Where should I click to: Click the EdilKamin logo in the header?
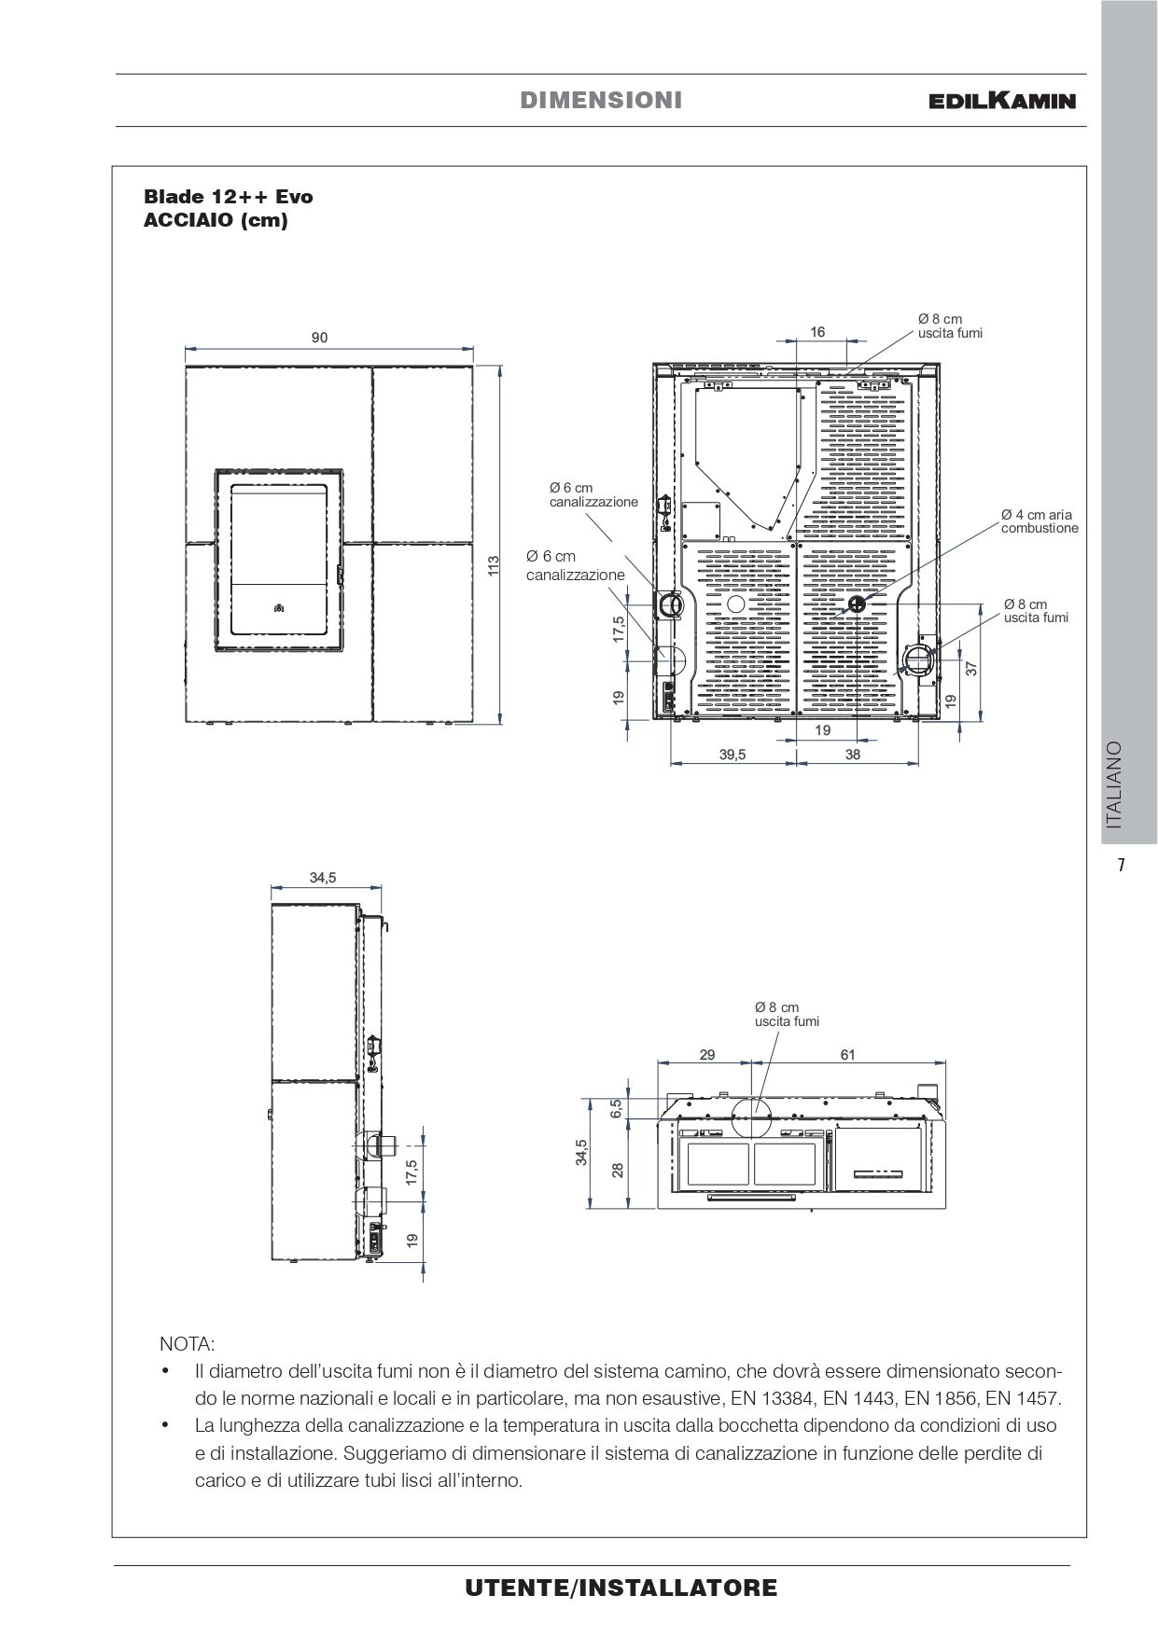[1002, 100]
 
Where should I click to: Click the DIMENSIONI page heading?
[601, 100]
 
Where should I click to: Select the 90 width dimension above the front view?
[320, 338]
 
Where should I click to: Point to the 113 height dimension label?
[495, 564]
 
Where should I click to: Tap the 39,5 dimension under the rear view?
[732, 755]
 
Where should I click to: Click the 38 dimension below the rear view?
[853, 755]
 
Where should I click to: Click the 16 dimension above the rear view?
[817, 332]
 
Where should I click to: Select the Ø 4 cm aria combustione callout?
[1039, 520]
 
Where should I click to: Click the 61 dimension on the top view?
[847, 1055]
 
